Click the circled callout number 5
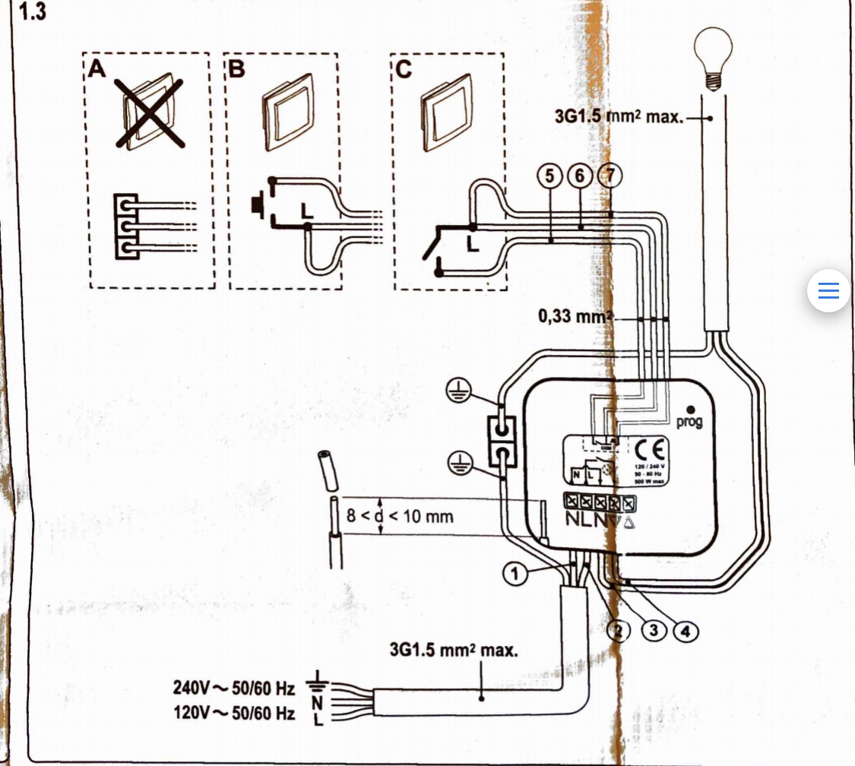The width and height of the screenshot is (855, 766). pyautogui.click(x=547, y=176)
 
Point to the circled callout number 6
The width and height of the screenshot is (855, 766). pyautogui.click(x=578, y=176)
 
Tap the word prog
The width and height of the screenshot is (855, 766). pyautogui.click(x=689, y=421)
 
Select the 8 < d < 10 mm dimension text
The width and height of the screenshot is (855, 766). pyautogui.click(x=400, y=517)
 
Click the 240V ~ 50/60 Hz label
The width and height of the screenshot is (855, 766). pyautogui.click(x=233, y=690)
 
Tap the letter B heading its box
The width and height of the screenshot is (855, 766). pyautogui.click(x=237, y=70)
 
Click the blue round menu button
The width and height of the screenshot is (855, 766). pyautogui.click(x=828, y=290)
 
